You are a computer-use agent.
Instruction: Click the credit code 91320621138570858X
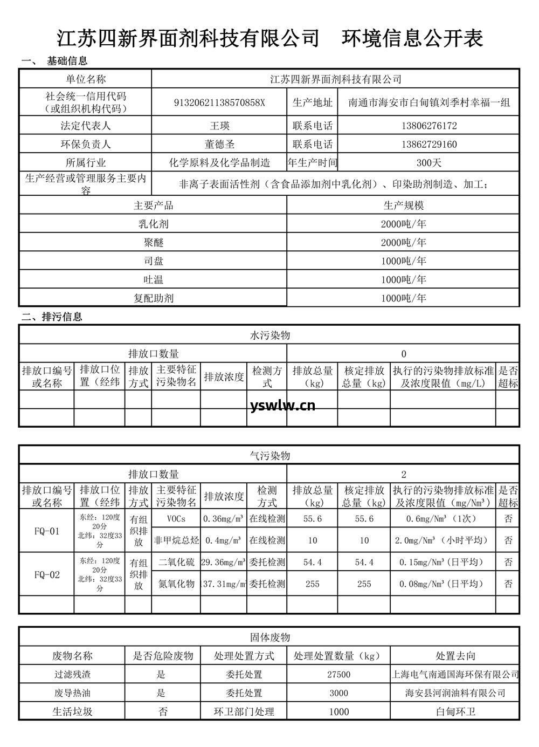[x=219, y=102]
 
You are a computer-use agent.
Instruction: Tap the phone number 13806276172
[x=429, y=126]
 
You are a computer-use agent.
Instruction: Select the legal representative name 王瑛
[x=219, y=126]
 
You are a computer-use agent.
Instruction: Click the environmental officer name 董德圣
[x=219, y=144]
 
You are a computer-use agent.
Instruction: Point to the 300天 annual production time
[x=429, y=162]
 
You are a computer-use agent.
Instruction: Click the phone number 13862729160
[x=429, y=144]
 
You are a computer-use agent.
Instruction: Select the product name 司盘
[x=154, y=261]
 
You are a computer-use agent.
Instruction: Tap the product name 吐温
[x=154, y=279]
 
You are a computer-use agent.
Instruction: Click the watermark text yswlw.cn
[x=283, y=405]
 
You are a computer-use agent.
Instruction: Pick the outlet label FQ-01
[x=47, y=531]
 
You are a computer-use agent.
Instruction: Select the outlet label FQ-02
[x=47, y=574]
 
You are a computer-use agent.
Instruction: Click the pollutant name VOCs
[x=176, y=519]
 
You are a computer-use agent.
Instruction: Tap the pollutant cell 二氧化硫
[x=176, y=562]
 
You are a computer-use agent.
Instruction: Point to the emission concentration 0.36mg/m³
[x=224, y=519]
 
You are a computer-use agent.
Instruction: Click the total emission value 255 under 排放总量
[x=313, y=584]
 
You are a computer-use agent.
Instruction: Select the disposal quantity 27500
[x=338, y=674]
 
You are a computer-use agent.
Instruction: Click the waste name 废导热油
[x=72, y=693]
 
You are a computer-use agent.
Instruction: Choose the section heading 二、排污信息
[x=52, y=317]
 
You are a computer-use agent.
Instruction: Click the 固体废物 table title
[x=269, y=637]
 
